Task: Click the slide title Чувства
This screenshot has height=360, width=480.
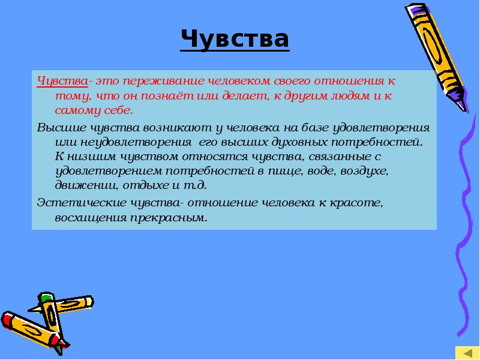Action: coord(235,40)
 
